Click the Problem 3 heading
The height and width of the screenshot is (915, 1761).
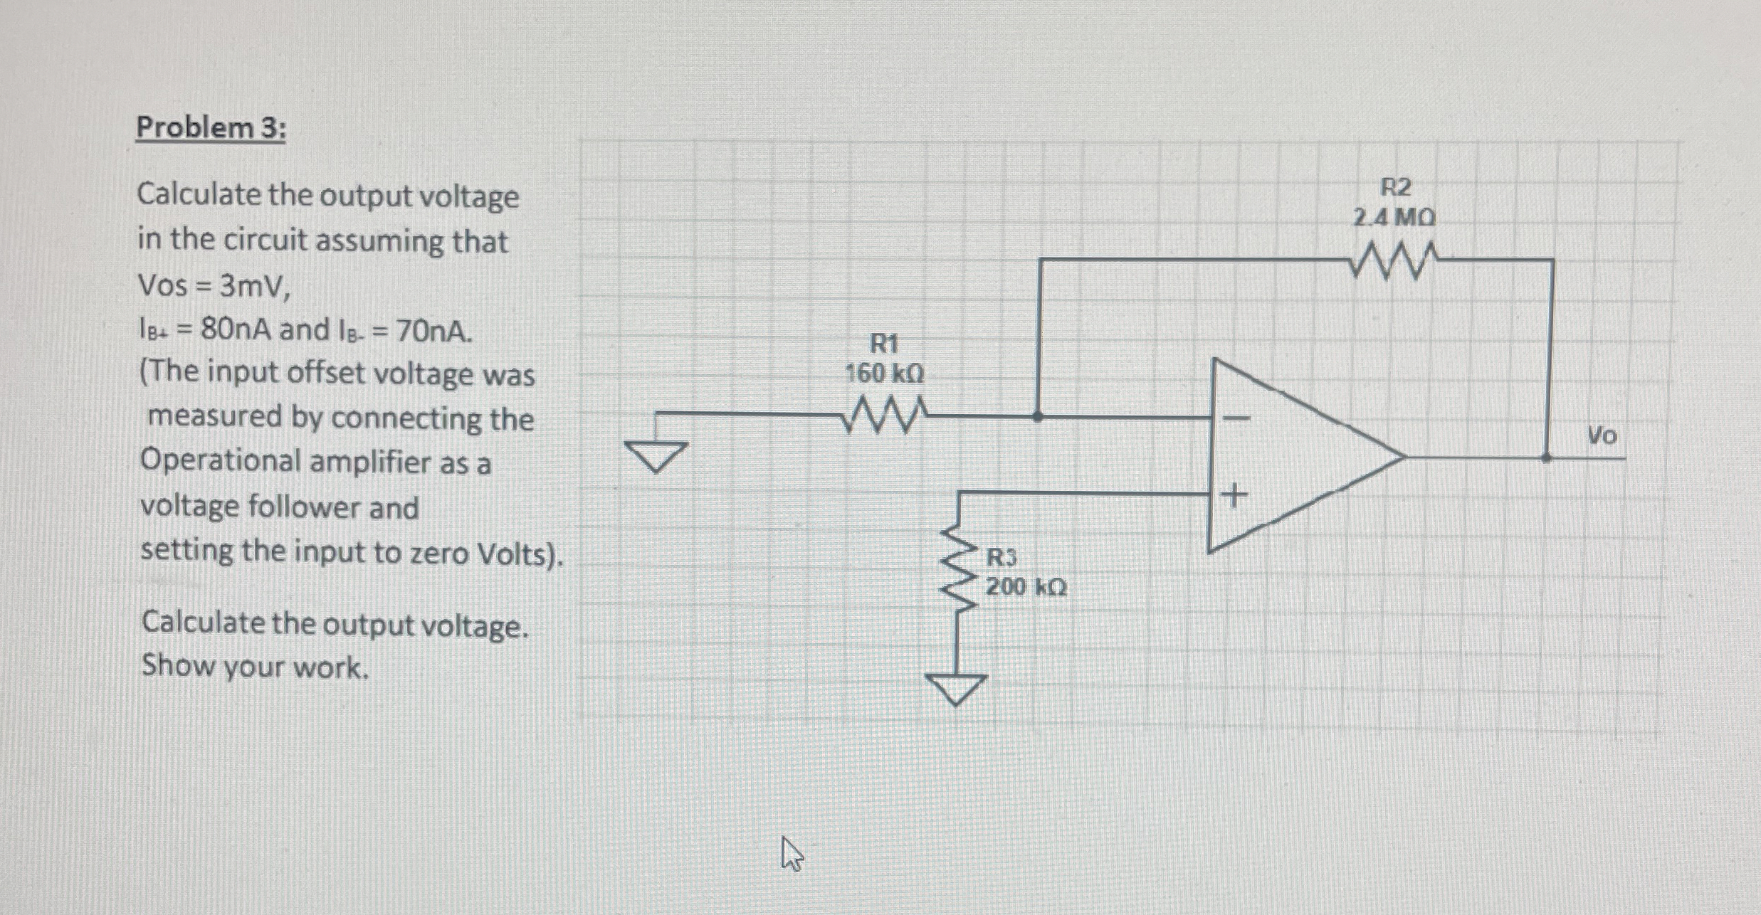(211, 129)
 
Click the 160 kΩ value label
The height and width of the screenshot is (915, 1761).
(884, 374)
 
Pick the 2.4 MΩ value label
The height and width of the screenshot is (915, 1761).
(1394, 217)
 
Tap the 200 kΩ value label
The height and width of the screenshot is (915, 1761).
(1026, 587)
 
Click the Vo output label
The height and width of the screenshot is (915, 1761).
(1602, 435)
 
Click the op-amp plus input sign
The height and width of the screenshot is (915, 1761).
(1234, 493)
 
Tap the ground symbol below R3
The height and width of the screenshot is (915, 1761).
(956, 687)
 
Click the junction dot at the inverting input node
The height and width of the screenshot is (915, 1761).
(1039, 416)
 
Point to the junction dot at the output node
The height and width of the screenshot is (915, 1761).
(1546, 457)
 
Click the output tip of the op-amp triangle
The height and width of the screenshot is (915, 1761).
(1404, 456)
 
